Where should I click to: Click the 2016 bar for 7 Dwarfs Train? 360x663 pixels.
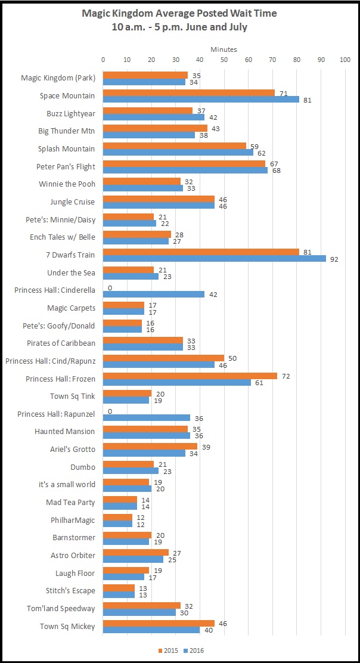tap(215, 259)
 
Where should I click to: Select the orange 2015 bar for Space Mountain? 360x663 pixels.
tap(189, 92)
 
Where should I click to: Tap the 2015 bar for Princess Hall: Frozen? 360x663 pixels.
tap(190, 376)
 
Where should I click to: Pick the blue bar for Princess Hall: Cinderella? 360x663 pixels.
tap(154, 294)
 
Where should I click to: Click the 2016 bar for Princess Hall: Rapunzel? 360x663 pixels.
tap(147, 417)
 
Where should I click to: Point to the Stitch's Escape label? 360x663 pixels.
tap(71, 591)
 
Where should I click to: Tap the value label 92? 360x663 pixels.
tap(333, 259)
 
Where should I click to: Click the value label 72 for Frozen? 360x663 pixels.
tap(284, 376)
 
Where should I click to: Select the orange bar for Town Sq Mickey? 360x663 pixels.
tap(159, 622)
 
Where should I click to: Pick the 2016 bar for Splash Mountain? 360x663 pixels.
tap(178, 153)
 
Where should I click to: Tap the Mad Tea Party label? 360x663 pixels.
tap(70, 502)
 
